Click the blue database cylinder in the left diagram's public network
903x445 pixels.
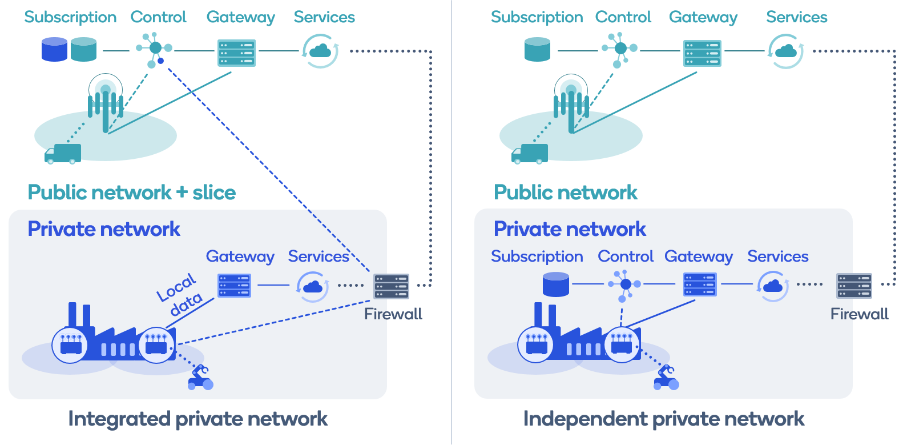tap(54, 50)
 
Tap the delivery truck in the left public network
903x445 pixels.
tap(63, 154)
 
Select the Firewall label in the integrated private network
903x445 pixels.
tap(393, 314)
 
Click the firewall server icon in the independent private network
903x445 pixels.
tap(854, 286)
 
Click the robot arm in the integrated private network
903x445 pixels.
tap(200, 378)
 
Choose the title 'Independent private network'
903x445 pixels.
tap(663, 419)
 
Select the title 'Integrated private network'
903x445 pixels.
tap(197, 419)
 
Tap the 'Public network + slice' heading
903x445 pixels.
tap(131, 193)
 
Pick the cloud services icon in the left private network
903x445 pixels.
tap(312, 286)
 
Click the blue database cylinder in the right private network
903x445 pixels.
tap(556, 284)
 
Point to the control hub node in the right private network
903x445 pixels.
tap(625, 284)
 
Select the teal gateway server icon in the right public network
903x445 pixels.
tap(702, 53)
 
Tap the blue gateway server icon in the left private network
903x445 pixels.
tap(234, 285)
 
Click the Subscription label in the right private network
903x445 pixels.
tap(537, 256)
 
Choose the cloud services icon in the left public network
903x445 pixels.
tap(320, 51)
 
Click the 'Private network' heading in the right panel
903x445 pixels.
tap(569, 229)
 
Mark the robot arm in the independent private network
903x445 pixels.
tap(666, 378)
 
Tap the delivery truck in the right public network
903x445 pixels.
tap(530, 154)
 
